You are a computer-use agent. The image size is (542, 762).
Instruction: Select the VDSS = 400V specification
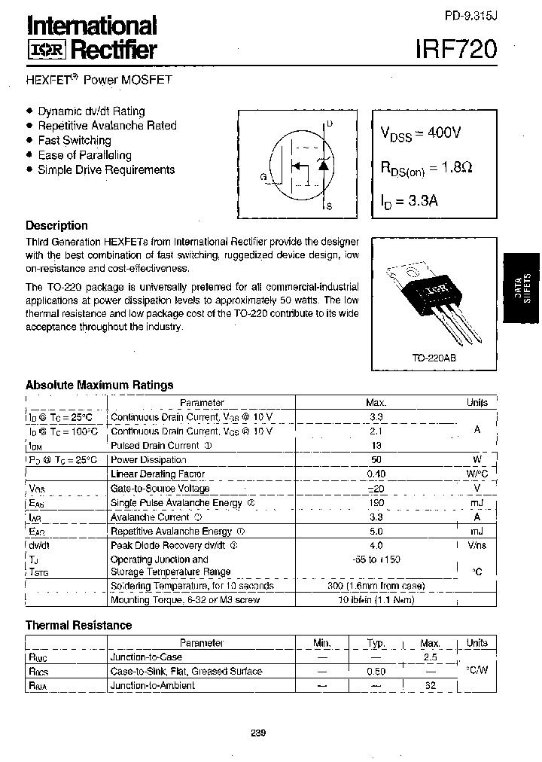click(420, 133)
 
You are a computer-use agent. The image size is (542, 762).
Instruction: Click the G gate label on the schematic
click(263, 177)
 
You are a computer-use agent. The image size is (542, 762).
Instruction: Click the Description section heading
click(56, 225)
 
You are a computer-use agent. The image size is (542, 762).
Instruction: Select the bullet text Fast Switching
click(74, 140)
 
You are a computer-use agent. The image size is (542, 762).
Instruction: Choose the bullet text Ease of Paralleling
click(84, 155)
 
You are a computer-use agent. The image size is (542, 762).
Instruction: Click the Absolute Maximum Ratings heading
click(99, 385)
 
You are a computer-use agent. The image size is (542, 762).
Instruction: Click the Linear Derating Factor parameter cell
click(157, 474)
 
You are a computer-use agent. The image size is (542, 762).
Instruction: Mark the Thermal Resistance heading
click(78, 625)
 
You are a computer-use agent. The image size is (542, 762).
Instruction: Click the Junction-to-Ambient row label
click(152, 685)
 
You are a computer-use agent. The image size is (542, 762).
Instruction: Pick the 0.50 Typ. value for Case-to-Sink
click(376, 671)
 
